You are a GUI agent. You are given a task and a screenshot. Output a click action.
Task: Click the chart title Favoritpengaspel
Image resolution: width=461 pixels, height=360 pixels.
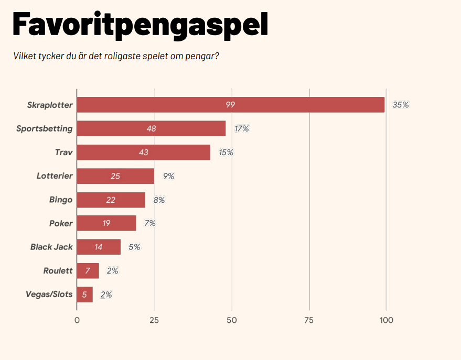click(140, 24)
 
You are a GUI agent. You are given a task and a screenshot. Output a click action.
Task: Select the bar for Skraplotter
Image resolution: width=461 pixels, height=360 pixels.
click(231, 105)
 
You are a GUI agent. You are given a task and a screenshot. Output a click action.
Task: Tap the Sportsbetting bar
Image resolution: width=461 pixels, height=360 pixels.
click(151, 128)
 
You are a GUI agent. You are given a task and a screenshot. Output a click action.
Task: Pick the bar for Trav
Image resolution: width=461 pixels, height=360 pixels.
click(143, 152)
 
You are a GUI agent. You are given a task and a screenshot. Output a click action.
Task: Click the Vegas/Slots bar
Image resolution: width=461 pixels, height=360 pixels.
click(84, 294)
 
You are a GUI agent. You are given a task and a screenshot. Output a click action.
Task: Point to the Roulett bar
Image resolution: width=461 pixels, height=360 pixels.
click(88, 271)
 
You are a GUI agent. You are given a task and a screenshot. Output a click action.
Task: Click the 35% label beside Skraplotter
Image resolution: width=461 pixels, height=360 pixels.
click(401, 105)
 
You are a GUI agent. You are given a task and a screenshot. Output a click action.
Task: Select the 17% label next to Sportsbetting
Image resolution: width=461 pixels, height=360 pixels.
click(242, 128)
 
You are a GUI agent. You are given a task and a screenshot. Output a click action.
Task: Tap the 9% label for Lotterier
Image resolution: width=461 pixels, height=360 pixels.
click(168, 176)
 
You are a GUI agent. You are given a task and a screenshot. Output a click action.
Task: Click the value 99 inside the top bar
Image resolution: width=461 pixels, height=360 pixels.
click(230, 105)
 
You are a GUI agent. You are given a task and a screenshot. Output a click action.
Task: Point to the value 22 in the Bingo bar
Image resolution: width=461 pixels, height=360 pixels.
click(110, 200)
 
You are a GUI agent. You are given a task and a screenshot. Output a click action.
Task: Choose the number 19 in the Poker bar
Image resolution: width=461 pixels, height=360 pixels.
click(106, 223)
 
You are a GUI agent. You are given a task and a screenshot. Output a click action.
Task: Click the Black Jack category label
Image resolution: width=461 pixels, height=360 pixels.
click(51, 247)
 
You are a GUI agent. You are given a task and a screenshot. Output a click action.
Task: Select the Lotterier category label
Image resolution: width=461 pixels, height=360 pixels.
click(55, 176)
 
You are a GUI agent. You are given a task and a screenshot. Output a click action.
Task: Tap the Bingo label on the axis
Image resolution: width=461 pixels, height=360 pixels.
click(61, 200)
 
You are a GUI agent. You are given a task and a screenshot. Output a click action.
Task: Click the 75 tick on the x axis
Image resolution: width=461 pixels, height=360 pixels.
click(309, 320)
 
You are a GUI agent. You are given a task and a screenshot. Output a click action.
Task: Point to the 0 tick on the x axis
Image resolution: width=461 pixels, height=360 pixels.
click(77, 320)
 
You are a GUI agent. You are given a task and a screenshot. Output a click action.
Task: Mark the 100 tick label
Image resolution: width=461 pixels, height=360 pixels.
click(387, 320)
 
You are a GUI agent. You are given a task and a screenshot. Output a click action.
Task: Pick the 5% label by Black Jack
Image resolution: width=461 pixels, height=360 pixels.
click(134, 247)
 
